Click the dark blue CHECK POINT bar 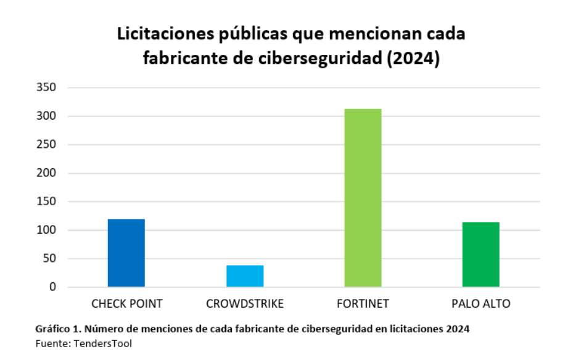coord(126,253)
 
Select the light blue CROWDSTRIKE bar coord(245,276)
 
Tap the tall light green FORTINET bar coord(363,198)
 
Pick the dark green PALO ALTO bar coord(481,255)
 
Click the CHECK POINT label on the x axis coord(127,304)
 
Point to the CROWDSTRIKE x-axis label coord(245,304)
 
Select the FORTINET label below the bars coord(363,304)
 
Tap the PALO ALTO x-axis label coord(481,304)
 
